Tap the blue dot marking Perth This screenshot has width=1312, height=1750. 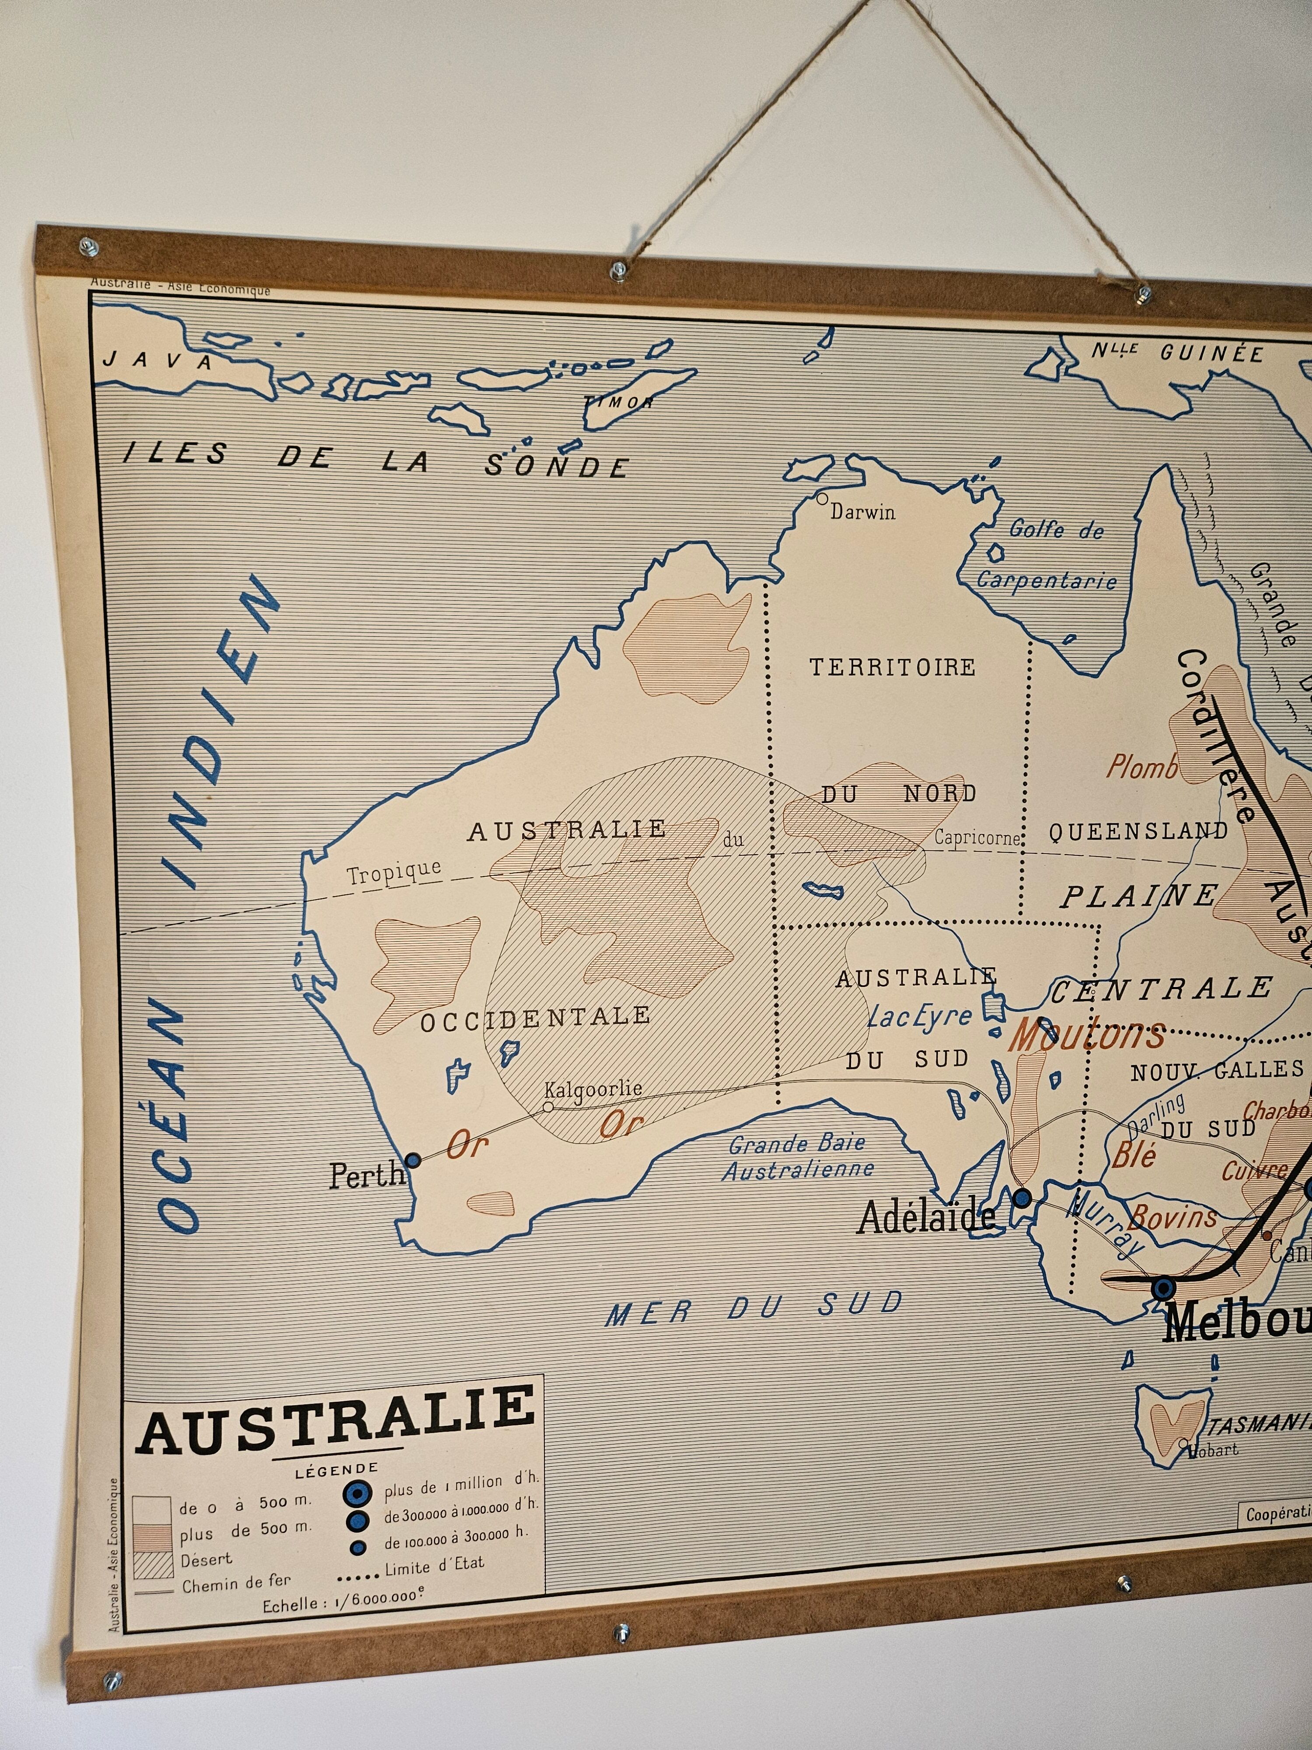pyautogui.click(x=412, y=1161)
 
